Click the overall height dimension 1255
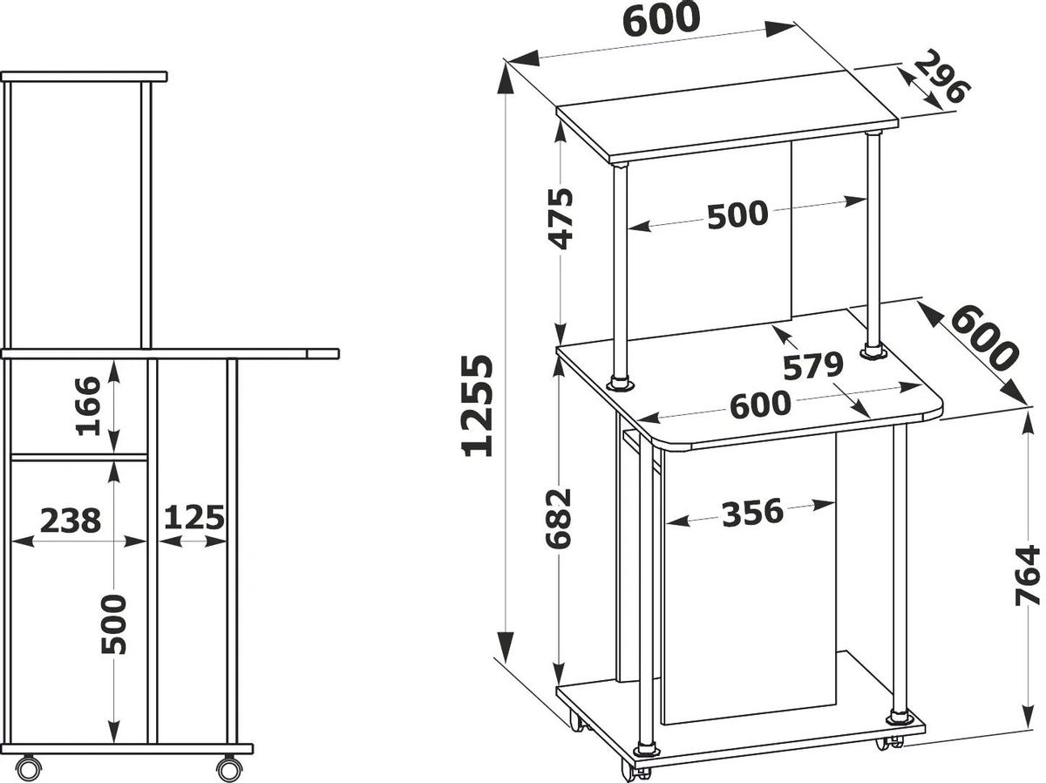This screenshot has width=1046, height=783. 477,405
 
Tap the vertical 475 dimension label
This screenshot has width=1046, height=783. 560,219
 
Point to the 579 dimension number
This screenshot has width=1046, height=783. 813,366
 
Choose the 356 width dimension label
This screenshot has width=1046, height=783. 752,513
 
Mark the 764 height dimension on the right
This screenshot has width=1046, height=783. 1028,582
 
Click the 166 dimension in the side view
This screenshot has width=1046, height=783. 89,406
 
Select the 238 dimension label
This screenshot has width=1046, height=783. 71,520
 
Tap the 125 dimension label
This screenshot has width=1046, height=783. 194,518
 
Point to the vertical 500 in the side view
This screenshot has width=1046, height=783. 114,624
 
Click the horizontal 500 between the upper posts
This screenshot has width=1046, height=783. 737,214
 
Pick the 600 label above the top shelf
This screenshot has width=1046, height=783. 662,19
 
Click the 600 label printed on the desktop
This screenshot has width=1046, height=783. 760,405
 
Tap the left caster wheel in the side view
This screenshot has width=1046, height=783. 29,769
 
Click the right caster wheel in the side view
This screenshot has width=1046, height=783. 229,769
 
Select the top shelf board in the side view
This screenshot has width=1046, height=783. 84,77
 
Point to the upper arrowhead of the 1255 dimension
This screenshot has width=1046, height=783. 506,85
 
